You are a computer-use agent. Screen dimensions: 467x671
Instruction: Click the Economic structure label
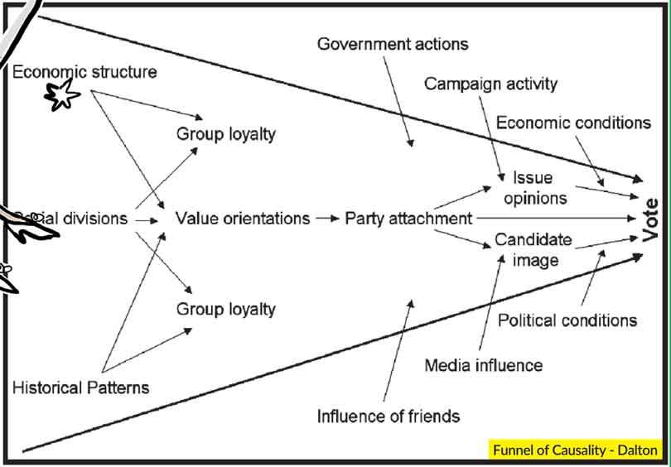pos(84,72)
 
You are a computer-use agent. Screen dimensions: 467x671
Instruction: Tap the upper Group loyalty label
pos(225,133)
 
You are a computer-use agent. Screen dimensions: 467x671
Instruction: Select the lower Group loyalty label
pos(225,309)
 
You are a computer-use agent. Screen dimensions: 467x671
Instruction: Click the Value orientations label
pos(243,219)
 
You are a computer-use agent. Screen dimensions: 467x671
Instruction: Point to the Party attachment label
pos(408,219)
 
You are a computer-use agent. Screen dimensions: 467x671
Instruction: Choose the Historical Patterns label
pos(80,387)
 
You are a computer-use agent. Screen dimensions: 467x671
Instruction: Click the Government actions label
pos(393,43)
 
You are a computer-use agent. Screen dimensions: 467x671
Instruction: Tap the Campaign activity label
pos(490,84)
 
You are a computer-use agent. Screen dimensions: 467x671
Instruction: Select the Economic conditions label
pos(573,123)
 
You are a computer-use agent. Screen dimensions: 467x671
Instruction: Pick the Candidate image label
pos(533,249)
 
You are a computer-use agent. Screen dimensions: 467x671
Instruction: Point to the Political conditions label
pos(567,320)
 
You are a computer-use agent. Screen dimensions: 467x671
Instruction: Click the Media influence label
pos(484,364)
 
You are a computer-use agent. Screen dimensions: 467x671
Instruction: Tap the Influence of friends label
pos(389,415)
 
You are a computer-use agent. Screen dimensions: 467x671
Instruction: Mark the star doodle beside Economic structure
pos(62,96)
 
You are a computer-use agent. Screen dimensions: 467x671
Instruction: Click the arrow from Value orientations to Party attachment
pos(328,219)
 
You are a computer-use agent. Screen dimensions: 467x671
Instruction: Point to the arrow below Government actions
pos(397,99)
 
